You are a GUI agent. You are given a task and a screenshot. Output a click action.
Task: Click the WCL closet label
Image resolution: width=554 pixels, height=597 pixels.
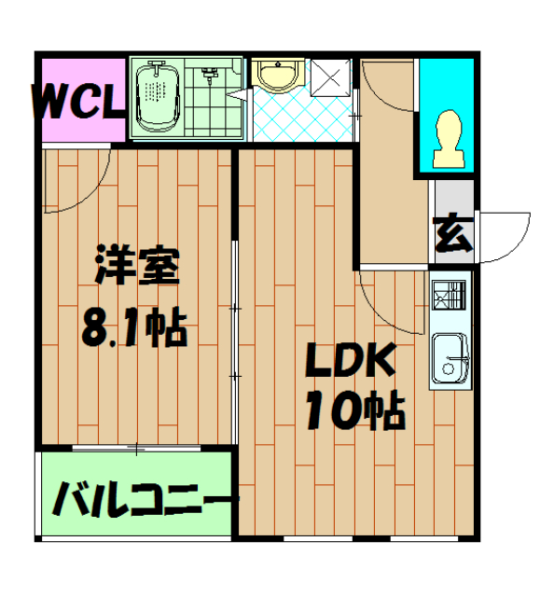tap(79, 102)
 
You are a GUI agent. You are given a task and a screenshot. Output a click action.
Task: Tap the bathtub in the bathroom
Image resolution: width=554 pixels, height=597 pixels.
tap(158, 98)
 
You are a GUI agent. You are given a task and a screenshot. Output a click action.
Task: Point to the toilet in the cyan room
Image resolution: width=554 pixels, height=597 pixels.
tap(450, 139)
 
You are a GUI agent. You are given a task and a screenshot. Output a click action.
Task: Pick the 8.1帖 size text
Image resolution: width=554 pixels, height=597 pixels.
tap(134, 328)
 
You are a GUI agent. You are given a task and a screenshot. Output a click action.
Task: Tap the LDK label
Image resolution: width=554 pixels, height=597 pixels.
tap(351, 360)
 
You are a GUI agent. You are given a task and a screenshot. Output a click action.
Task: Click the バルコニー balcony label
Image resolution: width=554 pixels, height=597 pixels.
tap(145, 499)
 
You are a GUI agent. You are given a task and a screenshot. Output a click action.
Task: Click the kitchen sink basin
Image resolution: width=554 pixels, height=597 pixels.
tap(450, 358)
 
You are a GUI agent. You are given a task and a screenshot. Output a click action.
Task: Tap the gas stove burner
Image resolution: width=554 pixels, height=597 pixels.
tap(449, 295)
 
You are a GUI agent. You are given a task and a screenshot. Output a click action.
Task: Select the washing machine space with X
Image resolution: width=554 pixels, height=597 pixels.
tap(330, 77)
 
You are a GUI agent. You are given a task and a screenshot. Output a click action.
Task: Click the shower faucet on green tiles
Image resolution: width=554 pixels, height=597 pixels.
tap(208, 76)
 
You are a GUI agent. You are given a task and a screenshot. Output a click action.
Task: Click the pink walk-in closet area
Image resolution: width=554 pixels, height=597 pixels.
tap(83, 100)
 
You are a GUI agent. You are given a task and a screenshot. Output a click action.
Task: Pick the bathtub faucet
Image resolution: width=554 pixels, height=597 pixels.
tap(157, 66)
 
